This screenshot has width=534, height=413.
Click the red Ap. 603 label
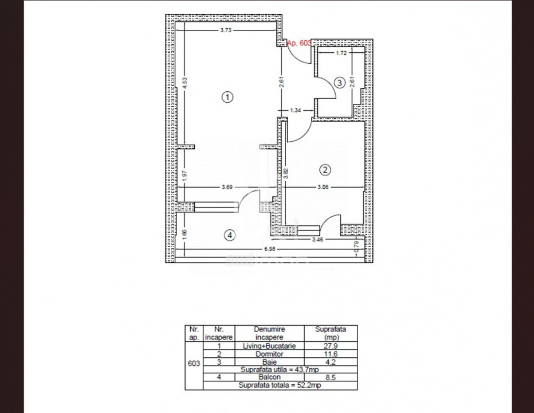299,43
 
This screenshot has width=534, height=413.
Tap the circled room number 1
227,97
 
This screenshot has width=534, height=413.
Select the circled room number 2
325,169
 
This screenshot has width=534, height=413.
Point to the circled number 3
340,83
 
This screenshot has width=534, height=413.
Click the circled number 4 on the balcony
230,235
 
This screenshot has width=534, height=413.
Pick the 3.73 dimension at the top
226,30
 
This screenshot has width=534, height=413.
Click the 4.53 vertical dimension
184,83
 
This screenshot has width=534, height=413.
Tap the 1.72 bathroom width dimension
341,53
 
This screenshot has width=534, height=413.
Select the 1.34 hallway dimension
296,110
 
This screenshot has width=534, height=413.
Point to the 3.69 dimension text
227,187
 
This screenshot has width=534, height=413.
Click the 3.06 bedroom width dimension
323,187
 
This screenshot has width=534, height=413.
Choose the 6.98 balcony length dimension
269,249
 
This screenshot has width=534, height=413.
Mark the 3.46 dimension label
317,239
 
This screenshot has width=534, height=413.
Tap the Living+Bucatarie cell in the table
269,346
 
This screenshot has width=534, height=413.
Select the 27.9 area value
331,346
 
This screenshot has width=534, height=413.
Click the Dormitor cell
269,354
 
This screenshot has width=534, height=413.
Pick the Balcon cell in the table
269,377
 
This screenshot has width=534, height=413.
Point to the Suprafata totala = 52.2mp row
280,385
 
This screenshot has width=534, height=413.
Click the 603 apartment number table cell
194,363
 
